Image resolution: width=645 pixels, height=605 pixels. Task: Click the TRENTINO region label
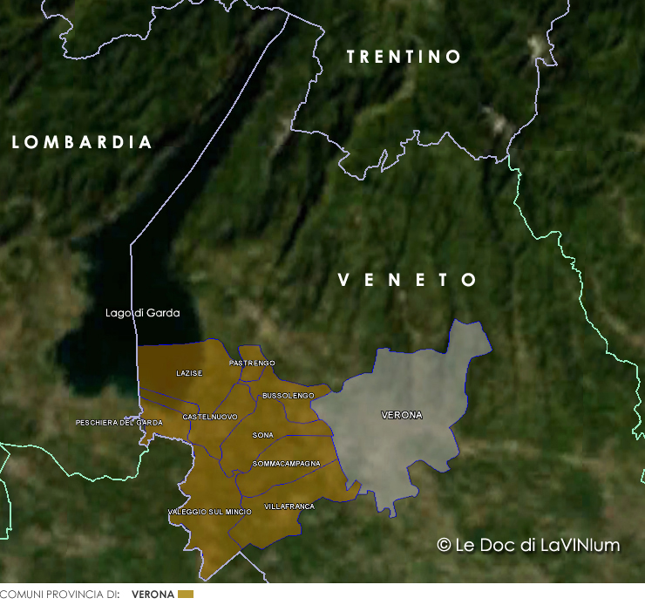(x=404, y=57)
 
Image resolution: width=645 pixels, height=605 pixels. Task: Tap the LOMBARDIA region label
(x=83, y=142)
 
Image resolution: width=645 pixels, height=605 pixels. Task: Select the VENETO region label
(x=408, y=280)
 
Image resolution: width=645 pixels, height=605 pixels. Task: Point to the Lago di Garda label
(x=142, y=313)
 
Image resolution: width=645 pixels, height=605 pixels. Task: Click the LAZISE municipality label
(x=189, y=373)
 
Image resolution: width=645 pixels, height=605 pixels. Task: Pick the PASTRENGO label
(x=252, y=363)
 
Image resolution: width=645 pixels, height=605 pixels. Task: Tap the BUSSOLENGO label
(x=288, y=396)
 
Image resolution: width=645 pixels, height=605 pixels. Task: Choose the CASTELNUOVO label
(x=210, y=418)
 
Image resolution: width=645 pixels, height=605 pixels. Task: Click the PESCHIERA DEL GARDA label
(x=119, y=423)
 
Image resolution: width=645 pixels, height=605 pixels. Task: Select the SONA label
(x=262, y=435)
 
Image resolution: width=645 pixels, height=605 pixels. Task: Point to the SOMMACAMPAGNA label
(x=286, y=464)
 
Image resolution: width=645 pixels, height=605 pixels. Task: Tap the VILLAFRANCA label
(x=289, y=506)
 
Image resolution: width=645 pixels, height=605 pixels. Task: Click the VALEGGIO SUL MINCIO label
(x=209, y=512)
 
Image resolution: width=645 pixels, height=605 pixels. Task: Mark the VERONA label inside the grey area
(x=402, y=416)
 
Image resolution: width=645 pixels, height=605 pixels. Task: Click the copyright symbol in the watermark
(x=444, y=545)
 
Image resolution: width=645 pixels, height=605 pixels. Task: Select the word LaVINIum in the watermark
(x=580, y=545)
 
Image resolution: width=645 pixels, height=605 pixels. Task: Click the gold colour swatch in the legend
(x=185, y=595)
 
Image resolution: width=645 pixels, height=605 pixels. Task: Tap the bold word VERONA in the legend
(x=153, y=595)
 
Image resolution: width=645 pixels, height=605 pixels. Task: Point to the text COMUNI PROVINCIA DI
(x=59, y=595)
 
